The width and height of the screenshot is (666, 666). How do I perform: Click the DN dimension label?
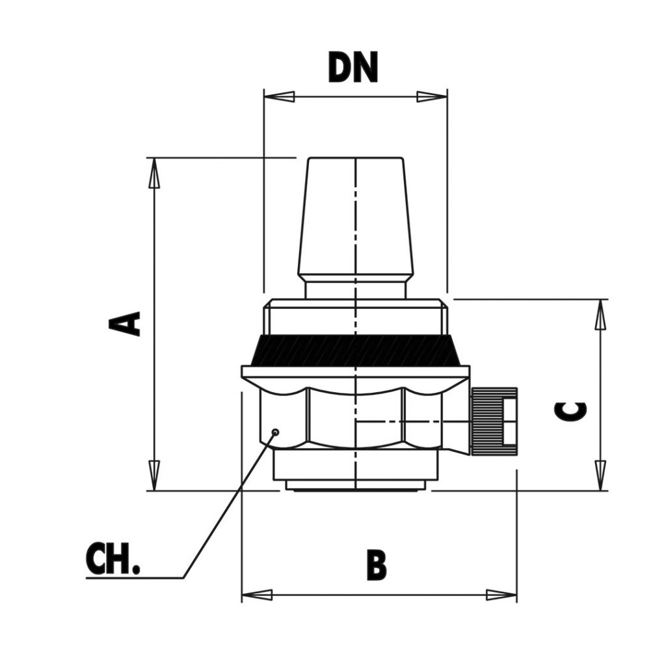pos(353,68)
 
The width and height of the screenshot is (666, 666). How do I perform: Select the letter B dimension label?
pos(377,565)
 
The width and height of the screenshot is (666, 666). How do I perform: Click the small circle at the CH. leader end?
pos(276,432)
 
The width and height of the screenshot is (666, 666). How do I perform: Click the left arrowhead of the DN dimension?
pos(278,97)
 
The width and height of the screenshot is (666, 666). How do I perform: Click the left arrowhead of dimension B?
pos(257,594)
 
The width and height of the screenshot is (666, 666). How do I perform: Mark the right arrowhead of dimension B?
pos(501,594)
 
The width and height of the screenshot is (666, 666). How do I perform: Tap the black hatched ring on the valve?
pos(355,351)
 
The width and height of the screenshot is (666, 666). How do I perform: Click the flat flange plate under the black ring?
pos(355,372)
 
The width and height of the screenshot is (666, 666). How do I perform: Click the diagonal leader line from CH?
pos(228,507)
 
